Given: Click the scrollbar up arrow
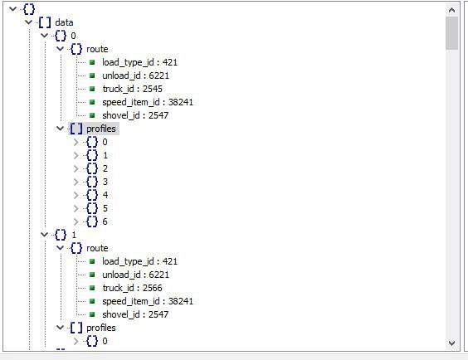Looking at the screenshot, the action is [x=451, y=11].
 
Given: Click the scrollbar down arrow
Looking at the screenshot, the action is [x=451, y=343].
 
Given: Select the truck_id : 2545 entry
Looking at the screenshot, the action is [x=133, y=89].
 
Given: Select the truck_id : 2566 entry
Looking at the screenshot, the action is [x=133, y=288].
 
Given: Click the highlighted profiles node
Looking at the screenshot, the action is [x=101, y=129].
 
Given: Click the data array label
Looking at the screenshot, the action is [x=64, y=22].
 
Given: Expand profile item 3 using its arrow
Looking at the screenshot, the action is [x=76, y=182].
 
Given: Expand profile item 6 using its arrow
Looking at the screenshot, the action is [x=76, y=221].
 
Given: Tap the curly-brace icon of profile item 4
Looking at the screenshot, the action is [x=92, y=195].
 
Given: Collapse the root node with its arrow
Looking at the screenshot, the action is [x=12, y=9].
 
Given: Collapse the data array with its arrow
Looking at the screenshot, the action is [x=29, y=22].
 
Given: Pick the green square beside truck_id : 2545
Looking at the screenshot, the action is [x=92, y=89].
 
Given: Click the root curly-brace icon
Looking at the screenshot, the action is [x=29, y=9].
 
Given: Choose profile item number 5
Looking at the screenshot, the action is [x=105, y=208].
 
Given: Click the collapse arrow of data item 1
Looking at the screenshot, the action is [x=45, y=235].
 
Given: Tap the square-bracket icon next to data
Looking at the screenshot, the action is [x=45, y=22].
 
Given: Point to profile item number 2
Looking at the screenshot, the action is [x=105, y=168].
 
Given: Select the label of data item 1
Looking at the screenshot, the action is [x=74, y=235].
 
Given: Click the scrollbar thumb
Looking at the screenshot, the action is [x=451, y=33].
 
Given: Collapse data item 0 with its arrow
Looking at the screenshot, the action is [x=45, y=36].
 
